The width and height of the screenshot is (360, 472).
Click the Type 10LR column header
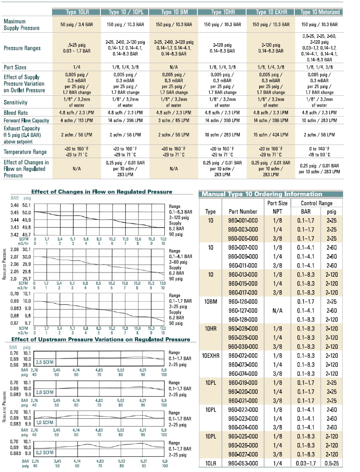pyautogui.click(x=77, y=12)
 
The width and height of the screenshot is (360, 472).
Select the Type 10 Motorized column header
pyautogui.click(x=319, y=12)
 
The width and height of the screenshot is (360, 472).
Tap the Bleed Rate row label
pyautogui.click(x=16, y=113)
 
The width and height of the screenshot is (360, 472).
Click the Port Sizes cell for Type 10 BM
pyautogui.click(x=174, y=67)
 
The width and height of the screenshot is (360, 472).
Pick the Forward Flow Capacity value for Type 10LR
pyautogui.click(x=77, y=120)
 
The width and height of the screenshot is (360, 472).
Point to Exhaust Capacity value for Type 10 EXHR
pyautogui.click(x=271, y=135)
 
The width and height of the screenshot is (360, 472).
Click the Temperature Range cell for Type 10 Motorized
pyautogui.click(x=319, y=152)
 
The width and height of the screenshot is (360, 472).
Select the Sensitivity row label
pyautogui.click(x=15, y=103)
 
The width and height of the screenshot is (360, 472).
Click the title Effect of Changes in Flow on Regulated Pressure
pyautogui.click(x=102, y=192)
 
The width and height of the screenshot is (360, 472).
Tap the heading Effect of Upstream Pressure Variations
pyautogui.click(x=101, y=339)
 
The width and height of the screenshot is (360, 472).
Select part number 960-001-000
pyautogui.click(x=243, y=220)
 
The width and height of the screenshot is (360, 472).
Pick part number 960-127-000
pyautogui.click(x=243, y=311)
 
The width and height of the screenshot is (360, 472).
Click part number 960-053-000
pyautogui.click(x=243, y=464)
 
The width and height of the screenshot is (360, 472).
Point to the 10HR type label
pyautogui.click(x=210, y=328)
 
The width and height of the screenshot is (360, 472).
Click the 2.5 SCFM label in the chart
pyautogui.click(x=44, y=362)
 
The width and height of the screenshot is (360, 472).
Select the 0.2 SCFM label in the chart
pyautogui.click(x=44, y=453)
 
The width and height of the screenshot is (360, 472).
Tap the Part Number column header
pyautogui.click(x=243, y=211)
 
